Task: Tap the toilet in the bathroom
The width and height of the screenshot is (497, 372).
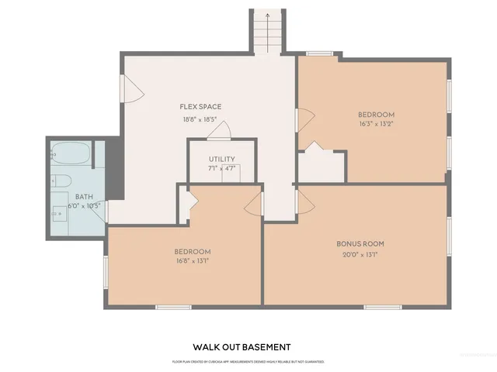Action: pos(61,182)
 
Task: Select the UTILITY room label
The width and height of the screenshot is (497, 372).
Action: pos(221,159)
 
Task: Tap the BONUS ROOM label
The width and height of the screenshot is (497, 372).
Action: pos(360,243)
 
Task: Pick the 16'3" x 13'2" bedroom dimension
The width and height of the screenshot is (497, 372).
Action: pos(377,122)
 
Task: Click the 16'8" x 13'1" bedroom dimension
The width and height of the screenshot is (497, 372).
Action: pos(191,261)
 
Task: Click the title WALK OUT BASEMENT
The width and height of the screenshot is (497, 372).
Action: pos(242,347)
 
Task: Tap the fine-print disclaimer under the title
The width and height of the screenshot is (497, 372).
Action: pos(248,362)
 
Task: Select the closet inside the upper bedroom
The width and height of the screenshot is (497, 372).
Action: pos(321,166)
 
